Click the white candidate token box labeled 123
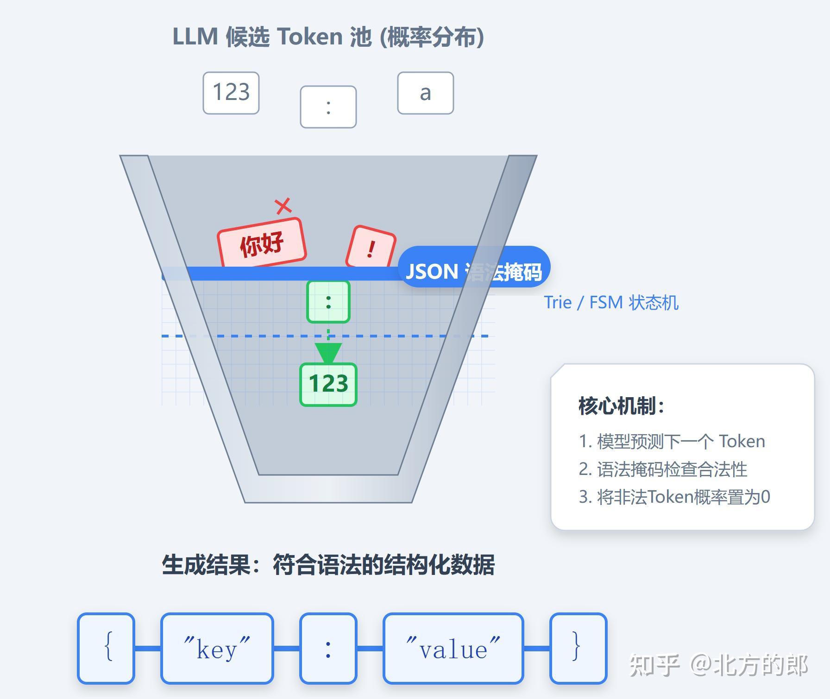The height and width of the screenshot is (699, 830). [231, 93]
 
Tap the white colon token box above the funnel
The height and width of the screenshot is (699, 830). [328, 107]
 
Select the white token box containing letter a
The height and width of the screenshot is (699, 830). [425, 93]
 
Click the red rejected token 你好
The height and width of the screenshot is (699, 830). [262, 243]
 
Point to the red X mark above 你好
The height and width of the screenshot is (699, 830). [283, 206]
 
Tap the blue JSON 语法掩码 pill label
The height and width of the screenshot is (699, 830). [473, 271]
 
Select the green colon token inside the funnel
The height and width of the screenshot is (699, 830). [328, 302]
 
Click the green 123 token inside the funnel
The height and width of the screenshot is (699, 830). [328, 384]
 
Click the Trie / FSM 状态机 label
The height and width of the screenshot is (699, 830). [611, 303]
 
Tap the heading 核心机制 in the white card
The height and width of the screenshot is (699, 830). [621, 406]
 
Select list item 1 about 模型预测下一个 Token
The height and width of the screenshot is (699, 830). [672, 441]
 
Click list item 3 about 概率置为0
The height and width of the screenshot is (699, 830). [674, 497]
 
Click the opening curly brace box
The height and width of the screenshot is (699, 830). [106, 648]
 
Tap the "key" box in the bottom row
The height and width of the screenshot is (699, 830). [217, 648]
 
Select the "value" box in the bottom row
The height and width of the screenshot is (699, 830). [453, 648]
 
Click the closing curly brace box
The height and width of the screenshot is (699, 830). [578, 648]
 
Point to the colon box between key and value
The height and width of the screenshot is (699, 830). [328, 648]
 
